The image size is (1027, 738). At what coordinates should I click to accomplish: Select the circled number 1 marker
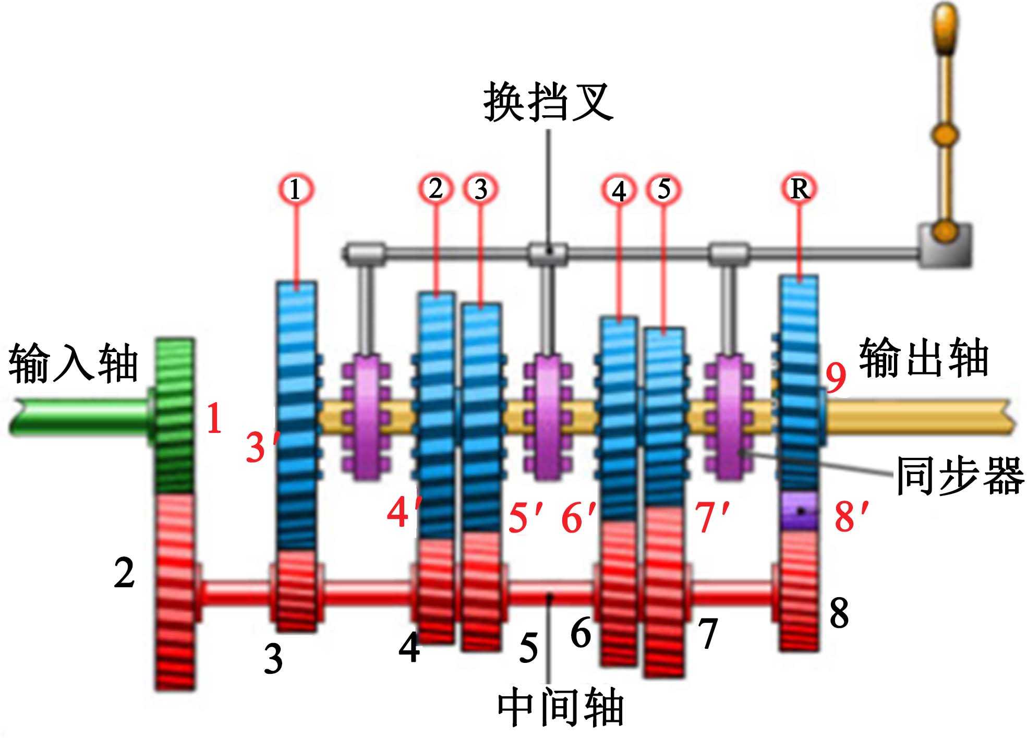pyautogui.click(x=295, y=189)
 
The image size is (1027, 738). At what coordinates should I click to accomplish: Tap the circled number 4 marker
pyautogui.click(x=619, y=190)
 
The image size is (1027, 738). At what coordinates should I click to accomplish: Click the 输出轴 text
pyautogui.click(x=924, y=358)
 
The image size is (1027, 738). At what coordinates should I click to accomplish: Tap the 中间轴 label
pyautogui.click(x=560, y=708)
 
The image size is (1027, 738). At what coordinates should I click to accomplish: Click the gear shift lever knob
pyautogui.click(x=945, y=29)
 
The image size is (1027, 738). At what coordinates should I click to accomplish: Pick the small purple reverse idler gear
pyautogui.click(x=799, y=511)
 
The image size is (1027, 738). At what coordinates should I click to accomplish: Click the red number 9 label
pyautogui.click(x=836, y=377)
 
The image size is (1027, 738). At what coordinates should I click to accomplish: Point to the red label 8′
pyautogui.click(x=851, y=516)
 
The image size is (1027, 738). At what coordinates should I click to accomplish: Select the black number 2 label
pyautogui.click(x=124, y=573)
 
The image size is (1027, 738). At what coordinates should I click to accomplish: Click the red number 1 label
pyautogui.click(x=214, y=418)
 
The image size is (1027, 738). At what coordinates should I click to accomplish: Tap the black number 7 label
pyautogui.click(x=708, y=634)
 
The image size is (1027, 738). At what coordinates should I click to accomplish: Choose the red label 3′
pyautogui.click(x=261, y=446)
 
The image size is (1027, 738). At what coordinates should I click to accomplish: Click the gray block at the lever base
pyautogui.click(x=945, y=245)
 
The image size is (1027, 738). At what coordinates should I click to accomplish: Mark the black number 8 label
pyautogui.click(x=839, y=613)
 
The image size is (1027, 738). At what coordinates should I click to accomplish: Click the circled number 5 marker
pyautogui.click(x=664, y=189)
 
